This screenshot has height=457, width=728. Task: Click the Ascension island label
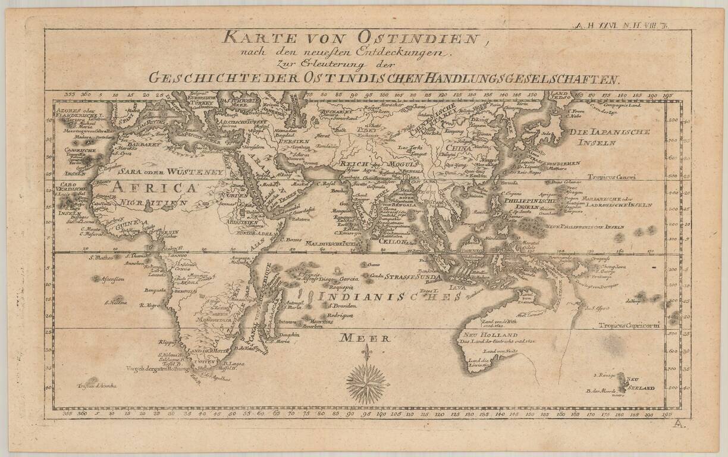pyautogui.click(x=112, y=279)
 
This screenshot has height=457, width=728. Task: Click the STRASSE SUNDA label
pyautogui.click(x=413, y=277)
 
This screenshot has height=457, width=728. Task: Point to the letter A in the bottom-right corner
pyautogui.click(x=680, y=423)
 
